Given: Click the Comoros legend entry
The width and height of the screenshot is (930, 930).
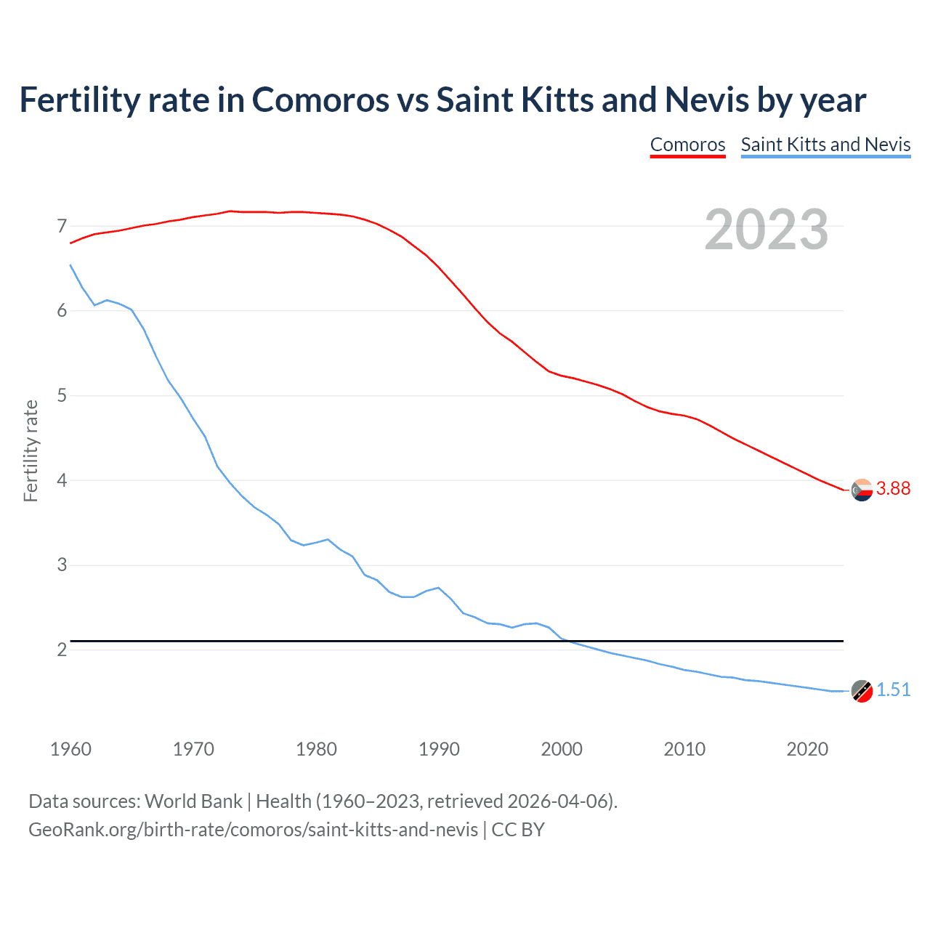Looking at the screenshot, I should click(x=687, y=145).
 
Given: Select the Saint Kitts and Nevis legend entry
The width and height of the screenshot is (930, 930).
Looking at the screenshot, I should click(x=825, y=145).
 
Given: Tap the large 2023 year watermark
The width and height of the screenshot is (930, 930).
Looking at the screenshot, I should click(x=766, y=230).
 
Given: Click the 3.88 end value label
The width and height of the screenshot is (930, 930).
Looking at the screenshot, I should click(x=893, y=489).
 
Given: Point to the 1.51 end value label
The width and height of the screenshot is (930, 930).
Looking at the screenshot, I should click(x=893, y=690).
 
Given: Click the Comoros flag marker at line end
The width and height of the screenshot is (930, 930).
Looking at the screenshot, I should click(x=862, y=490).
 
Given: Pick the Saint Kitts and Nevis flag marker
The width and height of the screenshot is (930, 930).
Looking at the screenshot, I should click(x=862, y=691).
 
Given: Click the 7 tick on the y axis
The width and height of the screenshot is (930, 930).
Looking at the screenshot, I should click(x=62, y=227).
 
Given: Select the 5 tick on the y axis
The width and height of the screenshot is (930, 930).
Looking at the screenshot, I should click(x=62, y=396).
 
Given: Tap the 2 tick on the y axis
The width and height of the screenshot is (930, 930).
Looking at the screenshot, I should click(x=62, y=650).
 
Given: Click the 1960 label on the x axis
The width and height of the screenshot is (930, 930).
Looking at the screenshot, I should click(x=70, y=749).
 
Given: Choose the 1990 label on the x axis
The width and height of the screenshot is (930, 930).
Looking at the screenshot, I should click(x=439, y=749).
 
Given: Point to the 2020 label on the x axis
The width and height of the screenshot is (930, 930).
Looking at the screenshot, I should click(x=807, y=749).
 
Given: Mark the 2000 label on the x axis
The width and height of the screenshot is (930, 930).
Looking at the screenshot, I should click(x=562, y=749).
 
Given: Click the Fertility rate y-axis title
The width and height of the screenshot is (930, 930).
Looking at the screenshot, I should click(x=31, y=450).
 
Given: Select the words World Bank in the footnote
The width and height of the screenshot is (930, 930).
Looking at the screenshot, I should click(x=193, y=801).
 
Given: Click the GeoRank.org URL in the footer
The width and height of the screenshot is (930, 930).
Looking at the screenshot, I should click(x=253, y=830).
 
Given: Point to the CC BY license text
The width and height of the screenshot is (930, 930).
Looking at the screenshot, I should click(x=518, y=830).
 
